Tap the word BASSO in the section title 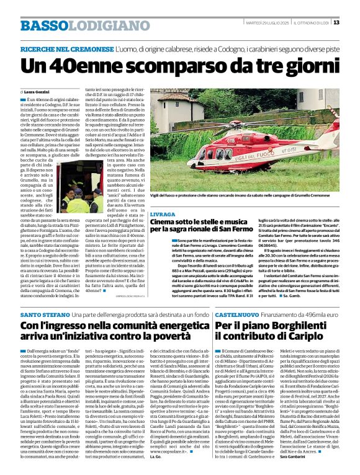coord(43,25)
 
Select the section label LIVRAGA coord(162,213)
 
